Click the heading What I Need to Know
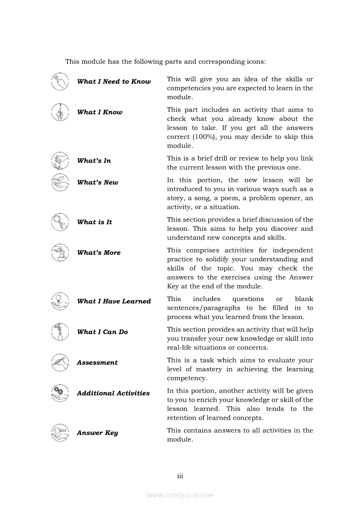(x=114, y=82)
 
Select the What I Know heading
(x=100, y=112)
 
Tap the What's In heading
(x=94, y=161)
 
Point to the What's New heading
(x=98, y=182)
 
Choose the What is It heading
(x=95, y=222)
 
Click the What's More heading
(x=99, y=253)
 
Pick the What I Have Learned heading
(x=114, y=301)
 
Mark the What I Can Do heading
(x=102, y=332)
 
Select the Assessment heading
(x=97, y=363)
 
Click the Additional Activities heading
(x=113, y=393)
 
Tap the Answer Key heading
(x=97, y=433)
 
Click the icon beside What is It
(x=60, y=222)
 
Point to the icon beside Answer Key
(x=60, y=432)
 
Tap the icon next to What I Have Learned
(x=60, y=301)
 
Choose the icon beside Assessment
(x=60, y=362)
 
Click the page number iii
(x=180, y=476)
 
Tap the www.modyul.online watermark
(x=180, y=495)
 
